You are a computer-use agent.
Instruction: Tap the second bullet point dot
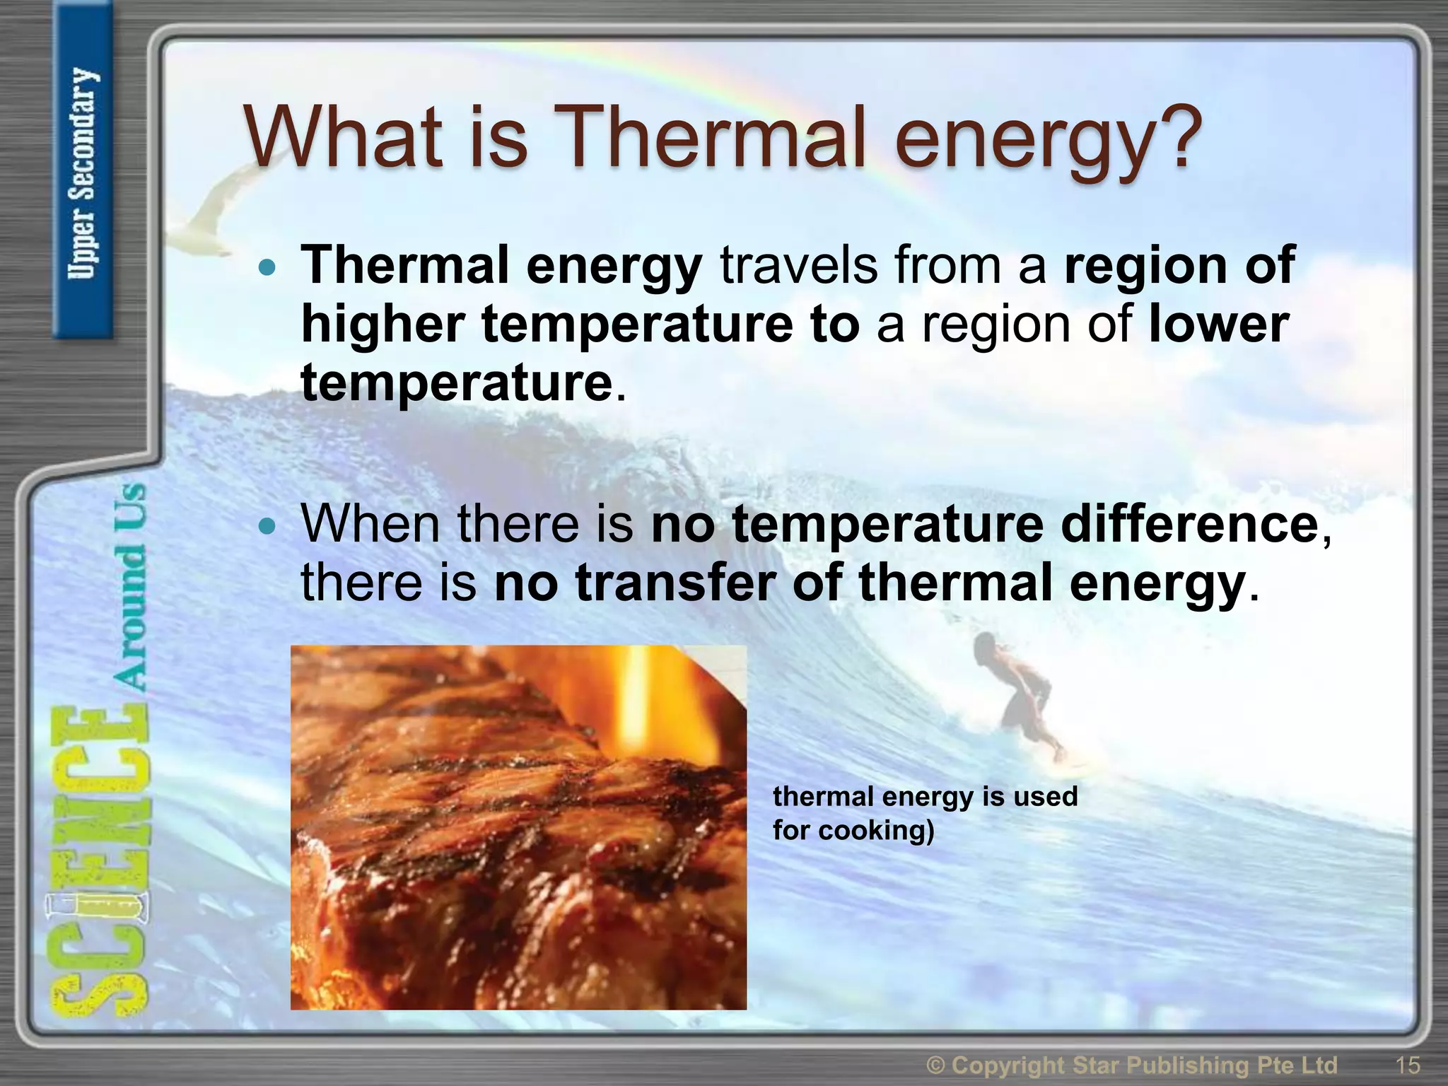(x=267, y=526)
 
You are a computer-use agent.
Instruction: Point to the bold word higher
(x=382, y=325)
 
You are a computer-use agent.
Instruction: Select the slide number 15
(x=1408, y=1065)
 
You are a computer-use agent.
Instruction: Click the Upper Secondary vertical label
(x=83, y=173)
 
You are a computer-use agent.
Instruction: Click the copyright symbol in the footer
(x=936, y=1065)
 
